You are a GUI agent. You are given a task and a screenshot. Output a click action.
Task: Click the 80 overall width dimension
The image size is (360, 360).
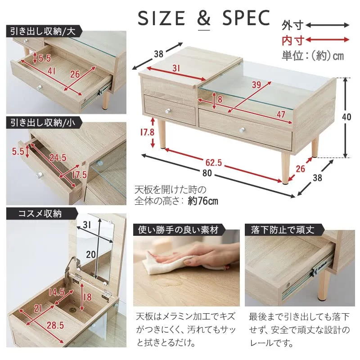207,173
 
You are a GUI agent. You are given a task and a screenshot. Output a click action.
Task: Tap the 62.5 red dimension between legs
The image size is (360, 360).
213,162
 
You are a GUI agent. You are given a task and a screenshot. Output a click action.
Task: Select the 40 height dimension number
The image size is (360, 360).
346,117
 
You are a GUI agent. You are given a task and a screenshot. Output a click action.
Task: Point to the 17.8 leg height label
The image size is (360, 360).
147,132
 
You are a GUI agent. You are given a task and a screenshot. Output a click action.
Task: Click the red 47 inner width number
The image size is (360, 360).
281,114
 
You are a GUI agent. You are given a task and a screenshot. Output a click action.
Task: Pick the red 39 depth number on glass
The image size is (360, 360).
256,85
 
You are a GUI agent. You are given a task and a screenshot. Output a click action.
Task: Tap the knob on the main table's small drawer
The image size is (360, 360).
167,111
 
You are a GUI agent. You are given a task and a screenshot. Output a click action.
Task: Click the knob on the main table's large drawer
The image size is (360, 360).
242,130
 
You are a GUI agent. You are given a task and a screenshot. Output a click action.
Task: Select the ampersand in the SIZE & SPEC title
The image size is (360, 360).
204,18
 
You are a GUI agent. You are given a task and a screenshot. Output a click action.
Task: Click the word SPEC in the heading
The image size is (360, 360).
246,18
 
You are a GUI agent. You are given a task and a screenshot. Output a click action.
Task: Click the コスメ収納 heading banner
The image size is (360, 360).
40,214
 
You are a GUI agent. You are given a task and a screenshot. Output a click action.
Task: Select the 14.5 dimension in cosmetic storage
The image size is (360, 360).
57,292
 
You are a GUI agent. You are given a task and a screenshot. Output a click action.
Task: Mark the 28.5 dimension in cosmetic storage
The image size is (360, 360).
55,325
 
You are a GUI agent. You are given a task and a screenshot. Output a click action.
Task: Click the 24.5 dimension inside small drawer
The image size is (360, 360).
58,157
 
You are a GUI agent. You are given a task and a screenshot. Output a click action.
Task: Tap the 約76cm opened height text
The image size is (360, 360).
203,201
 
